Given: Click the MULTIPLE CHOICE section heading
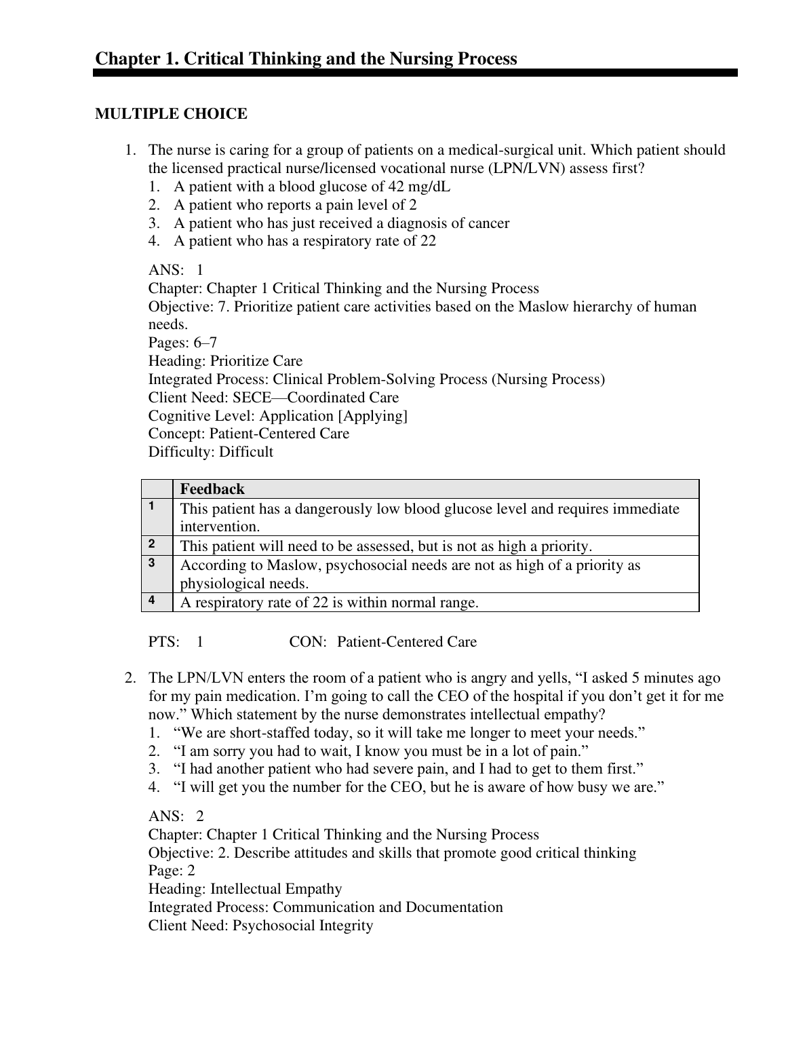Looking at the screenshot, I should pos(171,114).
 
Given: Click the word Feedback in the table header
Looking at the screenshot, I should pos(212,489).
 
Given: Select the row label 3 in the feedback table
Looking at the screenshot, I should pos(151,563).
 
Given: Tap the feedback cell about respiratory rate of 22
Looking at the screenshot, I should pos(329,603).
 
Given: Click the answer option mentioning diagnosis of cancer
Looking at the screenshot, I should pos(341,223).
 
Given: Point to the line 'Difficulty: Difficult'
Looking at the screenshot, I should pos(211,452).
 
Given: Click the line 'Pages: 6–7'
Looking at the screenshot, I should pos(182,343).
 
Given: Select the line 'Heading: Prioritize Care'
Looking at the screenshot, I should pos(225,361).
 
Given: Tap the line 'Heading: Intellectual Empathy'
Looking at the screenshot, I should pos(245,889).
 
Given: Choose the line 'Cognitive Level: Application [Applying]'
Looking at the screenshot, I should pos(278,415).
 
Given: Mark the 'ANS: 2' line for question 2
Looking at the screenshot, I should pos(176,816).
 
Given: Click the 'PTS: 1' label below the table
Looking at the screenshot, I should pos(176,642).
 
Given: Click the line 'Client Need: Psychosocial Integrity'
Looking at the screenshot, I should pos(260,926).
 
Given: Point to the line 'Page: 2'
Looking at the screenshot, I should pos(172,871).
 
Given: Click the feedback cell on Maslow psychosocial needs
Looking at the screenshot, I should pos(410,574).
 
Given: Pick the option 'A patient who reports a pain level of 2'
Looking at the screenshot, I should pos(295,205).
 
